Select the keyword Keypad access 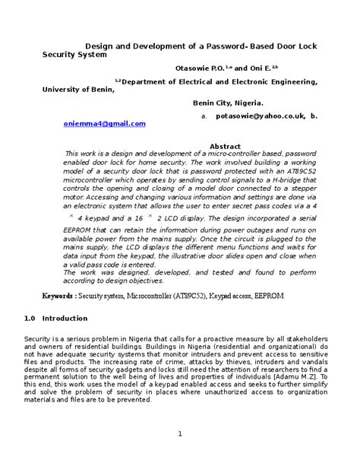point(250,294)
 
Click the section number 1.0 point(30,318)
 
